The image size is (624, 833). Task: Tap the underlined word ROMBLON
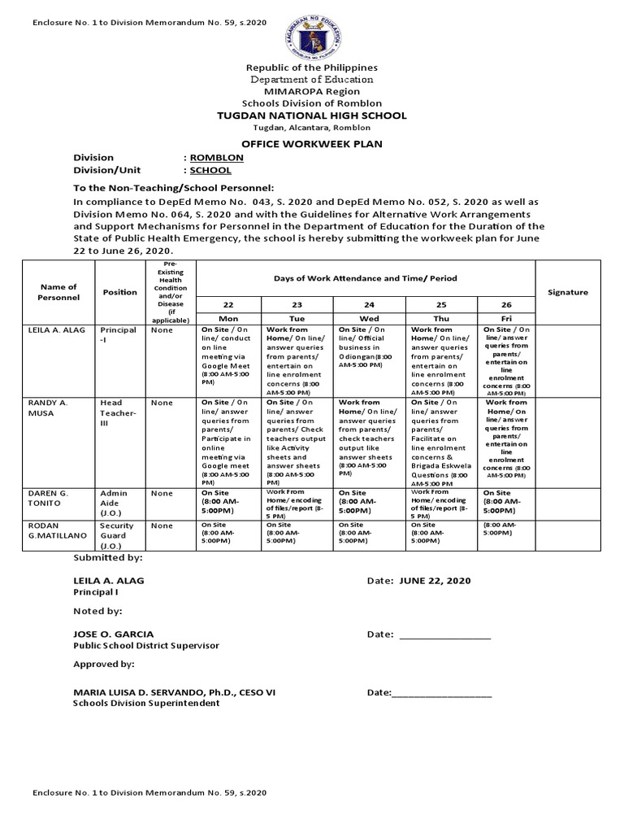pos(210,157)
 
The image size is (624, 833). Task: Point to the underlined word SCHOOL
pos(210,171)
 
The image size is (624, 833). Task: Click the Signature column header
pos(568,292)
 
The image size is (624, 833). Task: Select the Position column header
pos(119,292)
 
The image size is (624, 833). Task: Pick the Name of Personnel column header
pos(58,292)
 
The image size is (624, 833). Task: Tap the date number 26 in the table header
pos(507,303)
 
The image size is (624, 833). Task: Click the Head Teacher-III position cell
pos(119,413)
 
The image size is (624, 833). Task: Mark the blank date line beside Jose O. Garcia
pos(444,635)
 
